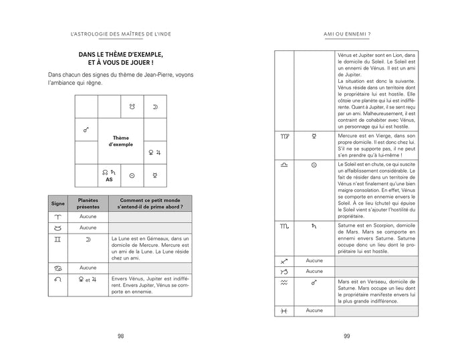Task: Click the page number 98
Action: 120,336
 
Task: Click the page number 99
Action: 347,336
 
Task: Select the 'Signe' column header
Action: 57,203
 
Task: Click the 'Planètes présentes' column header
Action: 88,203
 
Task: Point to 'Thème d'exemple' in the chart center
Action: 120,141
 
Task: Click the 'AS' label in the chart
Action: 108,179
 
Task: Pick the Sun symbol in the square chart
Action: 132,175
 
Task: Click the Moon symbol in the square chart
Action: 154,106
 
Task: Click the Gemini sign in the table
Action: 57,239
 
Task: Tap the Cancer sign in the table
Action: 57,268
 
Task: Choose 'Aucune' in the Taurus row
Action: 88,228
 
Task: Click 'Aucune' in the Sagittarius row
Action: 314,260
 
